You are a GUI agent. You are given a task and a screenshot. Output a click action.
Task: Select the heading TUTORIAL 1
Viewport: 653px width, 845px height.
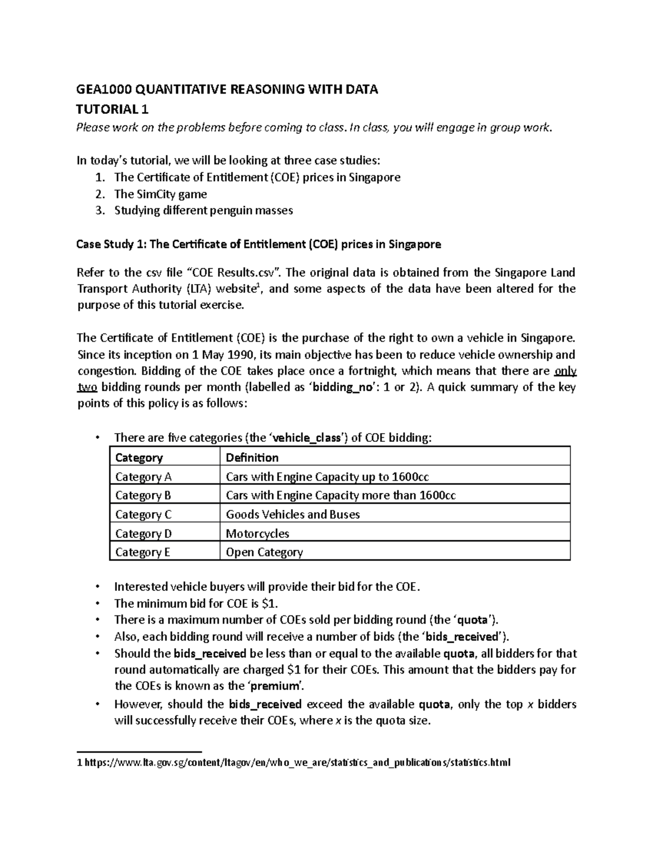[112, 109]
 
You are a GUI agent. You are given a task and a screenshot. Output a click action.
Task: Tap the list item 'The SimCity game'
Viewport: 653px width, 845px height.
[161, 194]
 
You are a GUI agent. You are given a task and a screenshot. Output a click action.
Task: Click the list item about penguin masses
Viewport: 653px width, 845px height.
[204, 211]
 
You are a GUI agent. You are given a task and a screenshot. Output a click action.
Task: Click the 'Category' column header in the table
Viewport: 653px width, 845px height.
[139, 458]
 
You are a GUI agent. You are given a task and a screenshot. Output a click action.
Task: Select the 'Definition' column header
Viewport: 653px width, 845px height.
[252, 458]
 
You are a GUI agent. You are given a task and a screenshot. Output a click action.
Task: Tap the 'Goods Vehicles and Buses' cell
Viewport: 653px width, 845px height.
[293, 515]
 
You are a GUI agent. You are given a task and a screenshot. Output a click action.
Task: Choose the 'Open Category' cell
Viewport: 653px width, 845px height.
[264, 552]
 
